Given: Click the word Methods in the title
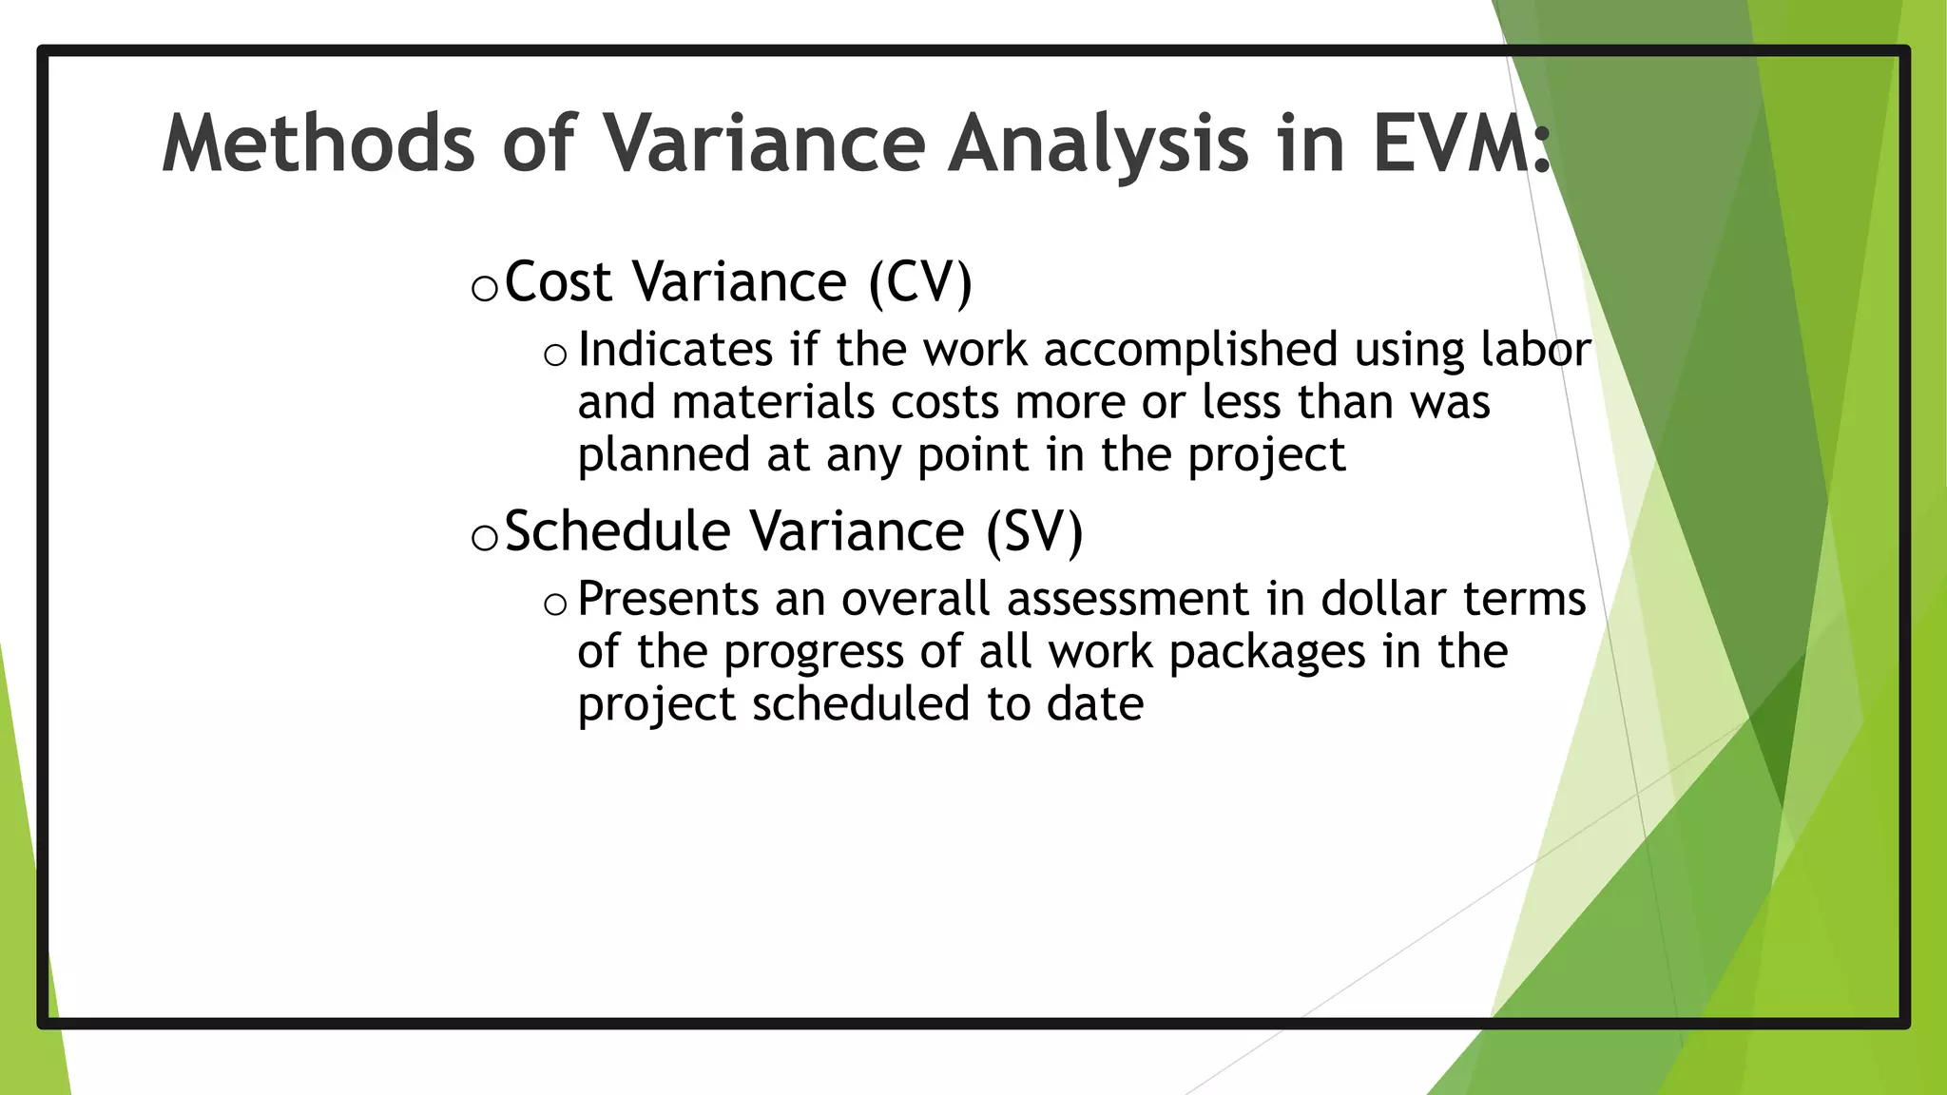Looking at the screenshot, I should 318,144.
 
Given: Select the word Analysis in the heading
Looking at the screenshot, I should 1098,144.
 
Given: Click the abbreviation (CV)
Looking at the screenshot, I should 920,282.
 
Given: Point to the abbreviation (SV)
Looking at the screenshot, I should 1033,531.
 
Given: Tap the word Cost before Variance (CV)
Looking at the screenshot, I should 558,282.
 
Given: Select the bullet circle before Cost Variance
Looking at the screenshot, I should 484,288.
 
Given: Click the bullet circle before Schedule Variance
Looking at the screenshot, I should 484,538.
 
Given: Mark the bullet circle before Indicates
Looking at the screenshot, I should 555,355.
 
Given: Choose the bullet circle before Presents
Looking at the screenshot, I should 555,604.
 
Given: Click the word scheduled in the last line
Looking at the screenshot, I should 861,704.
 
